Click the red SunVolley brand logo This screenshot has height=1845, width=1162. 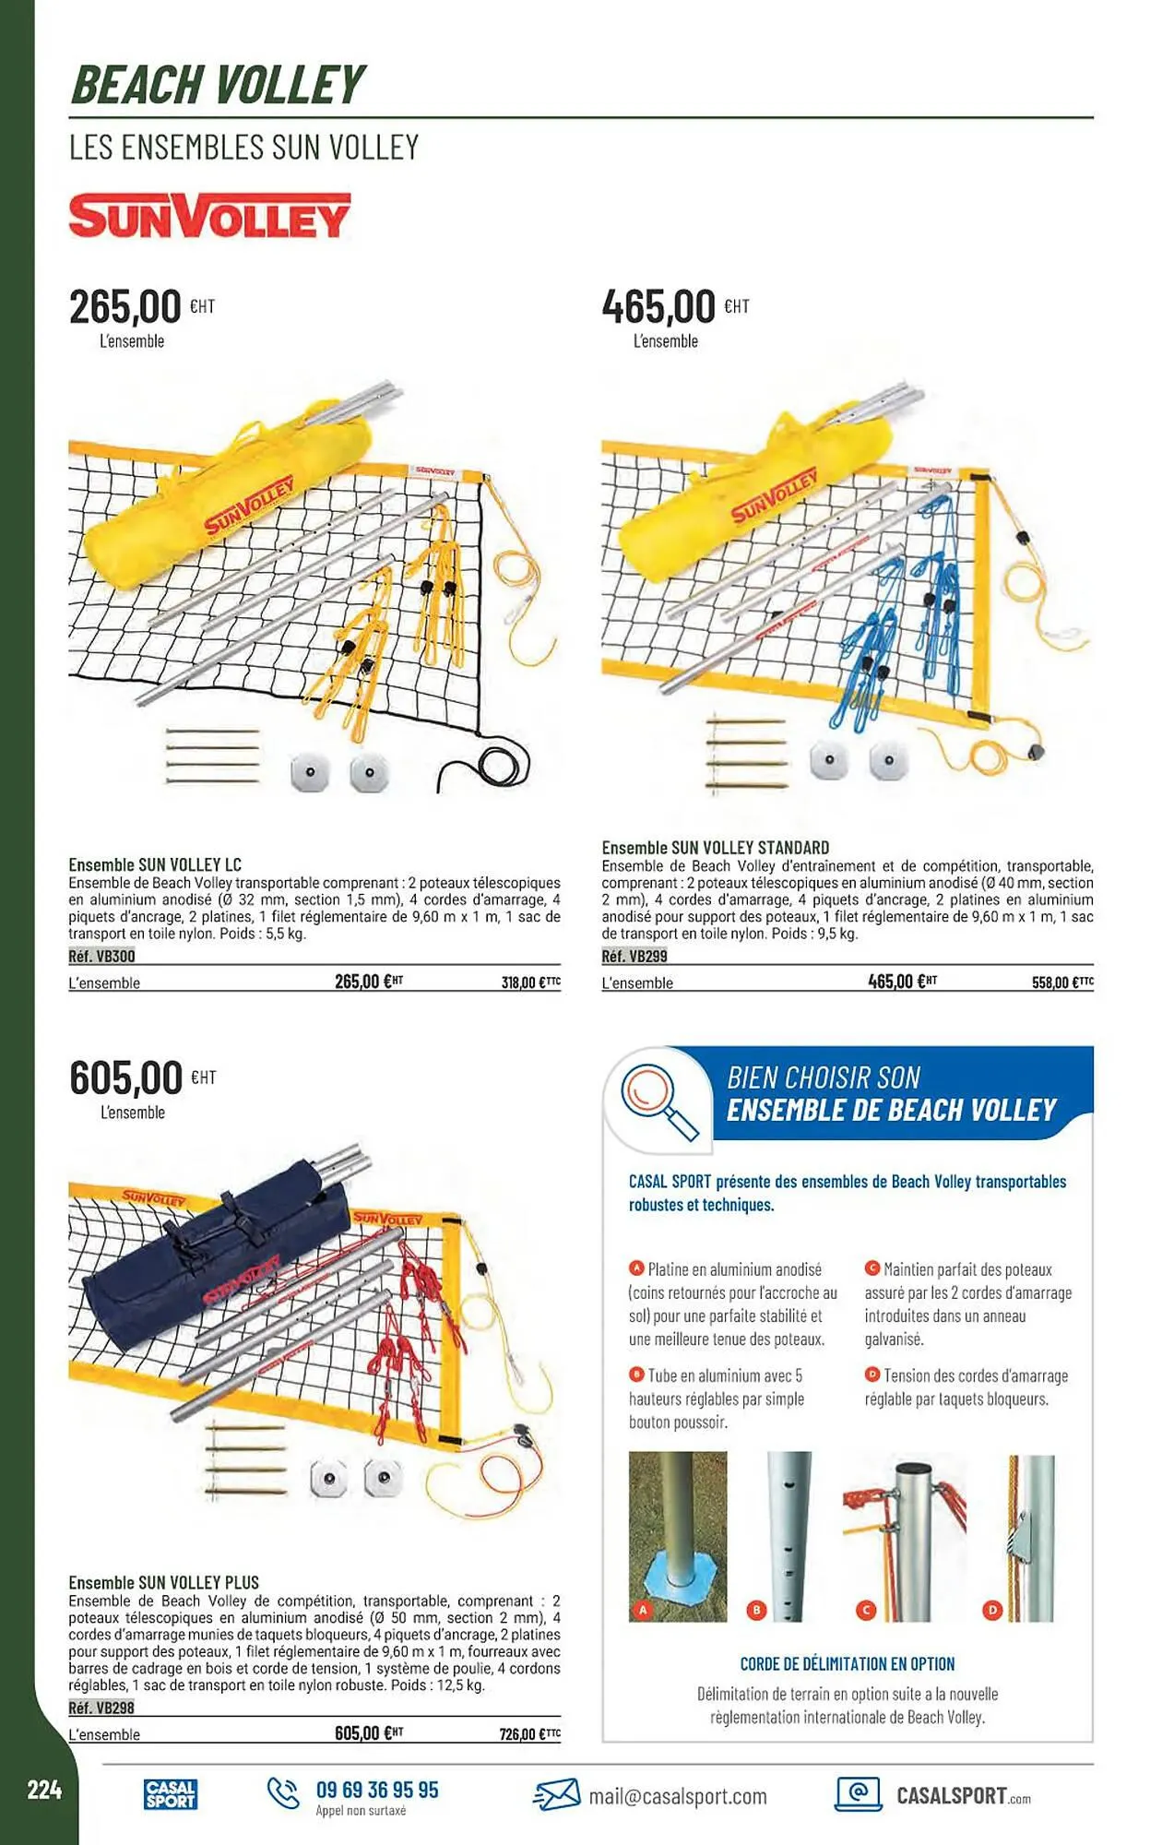(209, 217)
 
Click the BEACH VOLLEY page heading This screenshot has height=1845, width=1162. (218, 85)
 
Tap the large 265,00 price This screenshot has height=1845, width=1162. (125, 306)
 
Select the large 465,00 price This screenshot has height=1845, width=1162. (658, 306)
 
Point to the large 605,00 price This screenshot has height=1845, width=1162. (126, 1077)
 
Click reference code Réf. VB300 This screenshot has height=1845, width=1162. (101, 957)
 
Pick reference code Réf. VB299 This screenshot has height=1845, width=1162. (634, 957)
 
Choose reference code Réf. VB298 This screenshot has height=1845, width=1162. (101, 1708)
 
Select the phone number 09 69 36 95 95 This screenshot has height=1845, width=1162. (377, 1790)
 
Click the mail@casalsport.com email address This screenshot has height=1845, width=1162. (678, 1796)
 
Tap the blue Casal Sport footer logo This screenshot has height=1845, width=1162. (171, 1794)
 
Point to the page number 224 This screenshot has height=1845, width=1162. (44, 1791)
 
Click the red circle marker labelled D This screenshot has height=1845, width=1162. (992, 1611)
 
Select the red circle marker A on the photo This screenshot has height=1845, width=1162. (643, 1611)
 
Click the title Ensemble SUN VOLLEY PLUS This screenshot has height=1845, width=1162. (164, 1582)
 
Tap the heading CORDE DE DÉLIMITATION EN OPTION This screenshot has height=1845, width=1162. (847, 1664)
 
